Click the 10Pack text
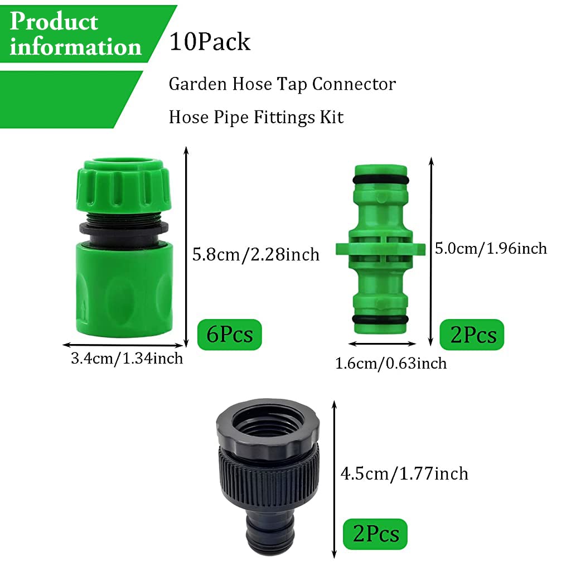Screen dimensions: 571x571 pos(210,42)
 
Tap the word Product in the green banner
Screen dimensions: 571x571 pos(54,22)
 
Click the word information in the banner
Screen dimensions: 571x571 pos(75,47)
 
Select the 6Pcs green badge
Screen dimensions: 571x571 pos(229,334)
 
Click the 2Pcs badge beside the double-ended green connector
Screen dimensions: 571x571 pos(472,335)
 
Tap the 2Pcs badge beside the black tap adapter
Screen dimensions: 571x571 pos(375,534)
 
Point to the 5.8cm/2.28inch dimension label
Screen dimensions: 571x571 pos(256,255)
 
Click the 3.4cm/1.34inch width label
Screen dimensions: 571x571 pos(127,358)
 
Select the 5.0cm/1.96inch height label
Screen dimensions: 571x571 pos(491,248)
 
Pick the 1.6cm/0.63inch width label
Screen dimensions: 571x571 pos(391,364)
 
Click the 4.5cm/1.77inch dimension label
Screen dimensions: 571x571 pos(404,473)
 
